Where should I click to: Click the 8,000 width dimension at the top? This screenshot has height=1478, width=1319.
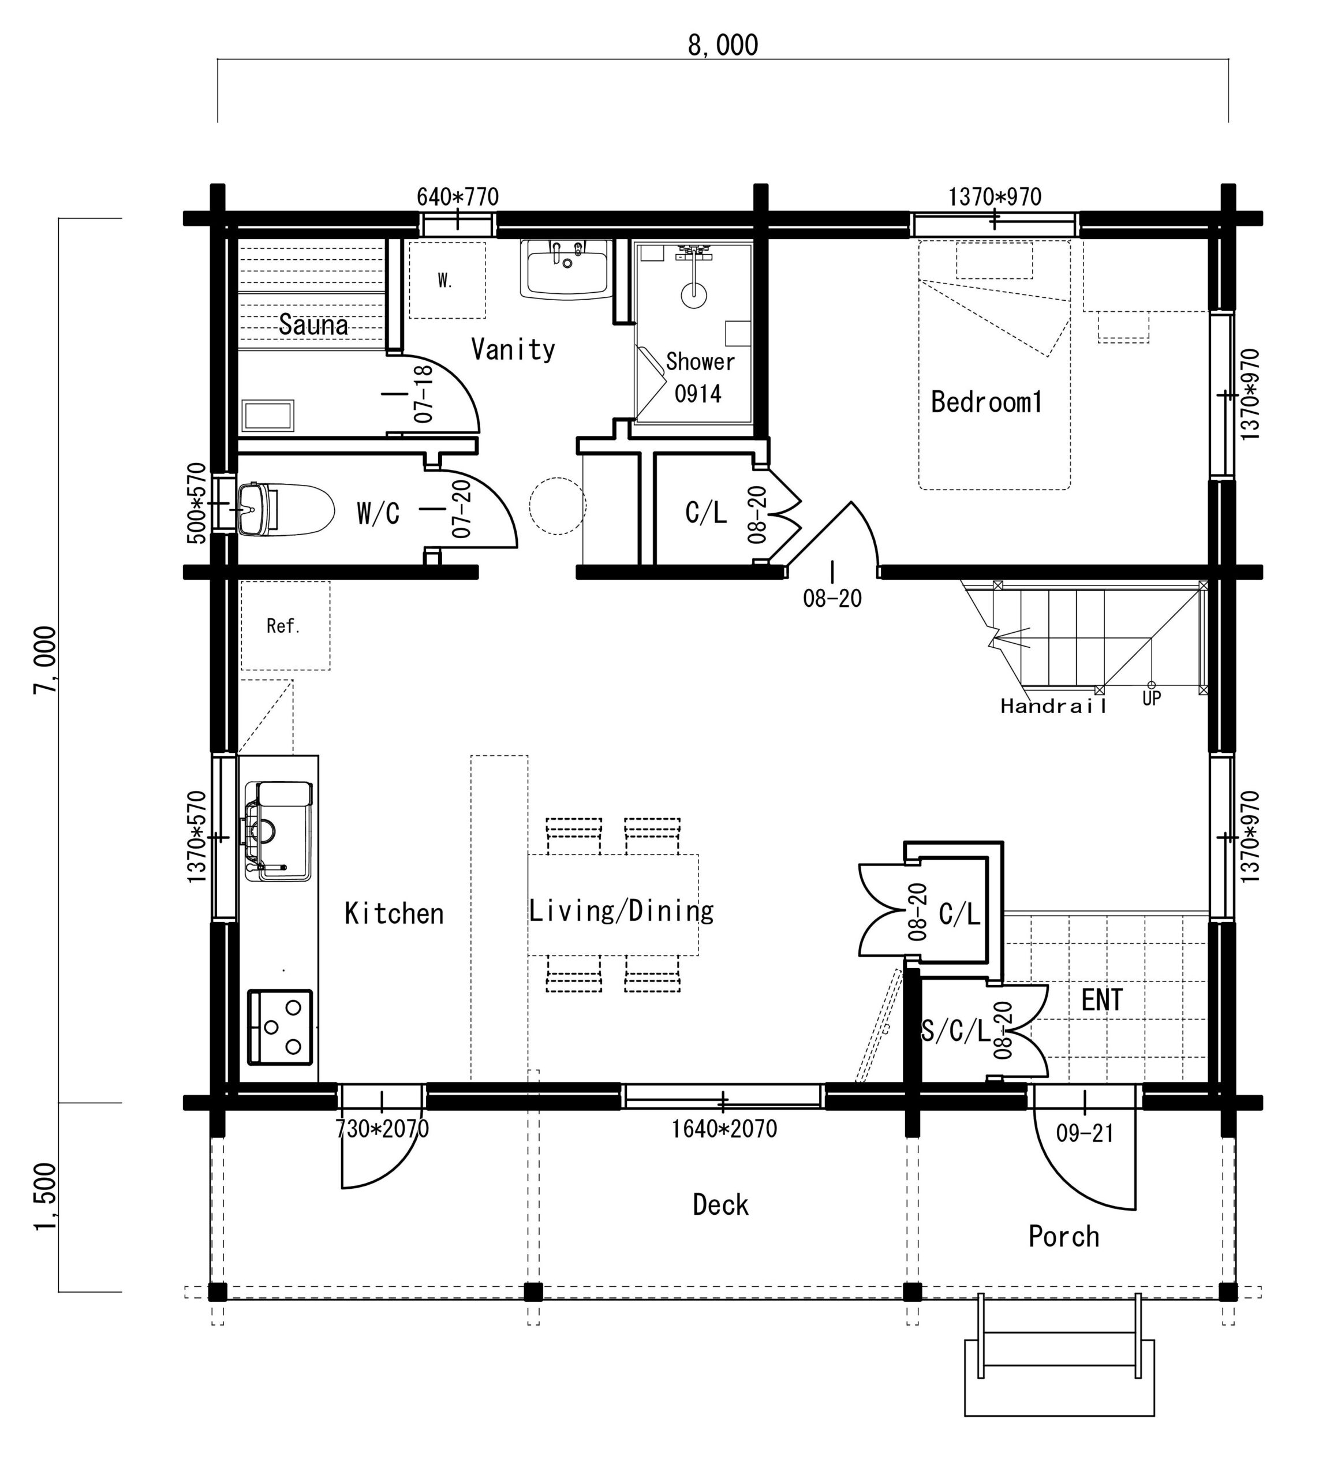(723, 45)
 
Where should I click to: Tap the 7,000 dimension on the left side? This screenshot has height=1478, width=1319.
(45, 660)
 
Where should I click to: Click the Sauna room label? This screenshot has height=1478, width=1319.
(313, 324)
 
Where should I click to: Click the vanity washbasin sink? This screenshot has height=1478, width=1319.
(566, 269)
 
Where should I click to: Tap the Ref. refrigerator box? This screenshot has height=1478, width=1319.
(286, 626)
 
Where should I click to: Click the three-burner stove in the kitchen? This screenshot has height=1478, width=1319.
(281, 1027)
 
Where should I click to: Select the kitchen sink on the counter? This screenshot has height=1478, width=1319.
(279, 831)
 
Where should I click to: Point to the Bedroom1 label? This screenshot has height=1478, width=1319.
(987, 402)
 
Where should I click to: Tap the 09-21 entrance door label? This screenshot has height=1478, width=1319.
(1085, 1133)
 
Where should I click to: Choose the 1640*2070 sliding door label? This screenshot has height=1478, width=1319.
(724, 1129)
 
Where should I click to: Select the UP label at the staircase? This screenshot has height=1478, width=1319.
(1152, 698)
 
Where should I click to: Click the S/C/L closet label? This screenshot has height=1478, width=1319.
(955, 1030)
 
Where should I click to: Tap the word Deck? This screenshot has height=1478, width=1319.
(720, 1205)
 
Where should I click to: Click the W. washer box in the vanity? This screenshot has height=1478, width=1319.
(447, 280)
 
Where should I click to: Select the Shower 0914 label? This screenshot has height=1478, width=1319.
(700, 377)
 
